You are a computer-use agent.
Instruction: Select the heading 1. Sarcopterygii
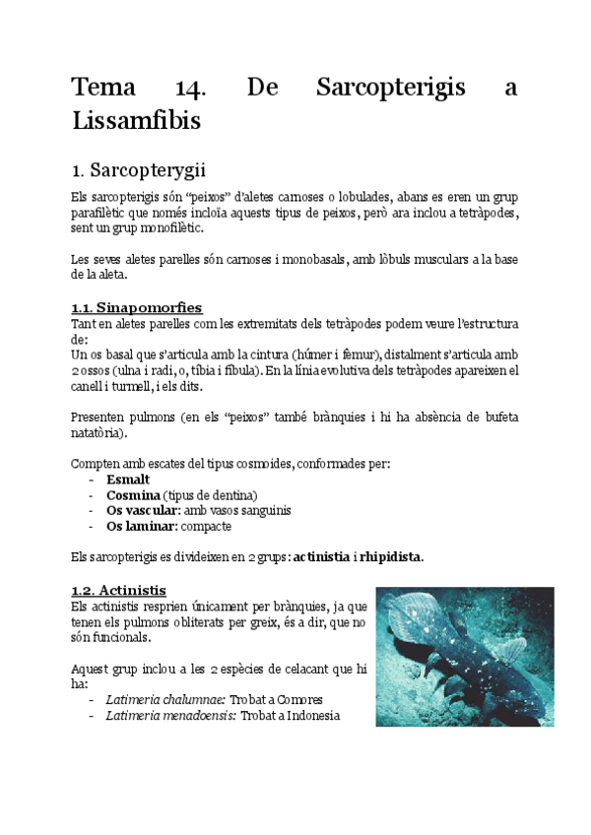click(x=137, y=169)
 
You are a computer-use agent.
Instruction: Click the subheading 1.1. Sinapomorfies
click(x=136, y=307)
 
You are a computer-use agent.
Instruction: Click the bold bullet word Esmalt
click(x=127, y=480)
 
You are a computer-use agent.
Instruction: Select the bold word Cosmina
click(x=134, y=495)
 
